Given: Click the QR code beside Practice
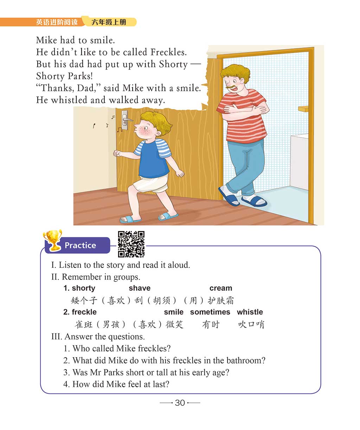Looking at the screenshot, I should (131, 244).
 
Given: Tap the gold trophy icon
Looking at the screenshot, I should (53, 240).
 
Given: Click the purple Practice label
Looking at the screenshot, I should (80, 245).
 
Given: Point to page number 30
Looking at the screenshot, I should (180, 403).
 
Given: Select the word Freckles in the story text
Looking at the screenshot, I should (168, 52).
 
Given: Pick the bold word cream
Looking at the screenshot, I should (221, 288).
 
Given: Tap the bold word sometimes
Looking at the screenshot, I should (210, 312).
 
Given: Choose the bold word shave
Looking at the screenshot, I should (140, 288).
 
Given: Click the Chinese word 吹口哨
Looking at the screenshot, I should (251, 324).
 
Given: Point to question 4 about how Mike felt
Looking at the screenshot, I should (116, 384).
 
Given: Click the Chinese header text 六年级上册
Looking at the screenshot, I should (109, 22).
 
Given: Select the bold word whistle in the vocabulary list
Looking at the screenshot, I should (250, 312).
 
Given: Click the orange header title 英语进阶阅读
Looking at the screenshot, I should (57, 22).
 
